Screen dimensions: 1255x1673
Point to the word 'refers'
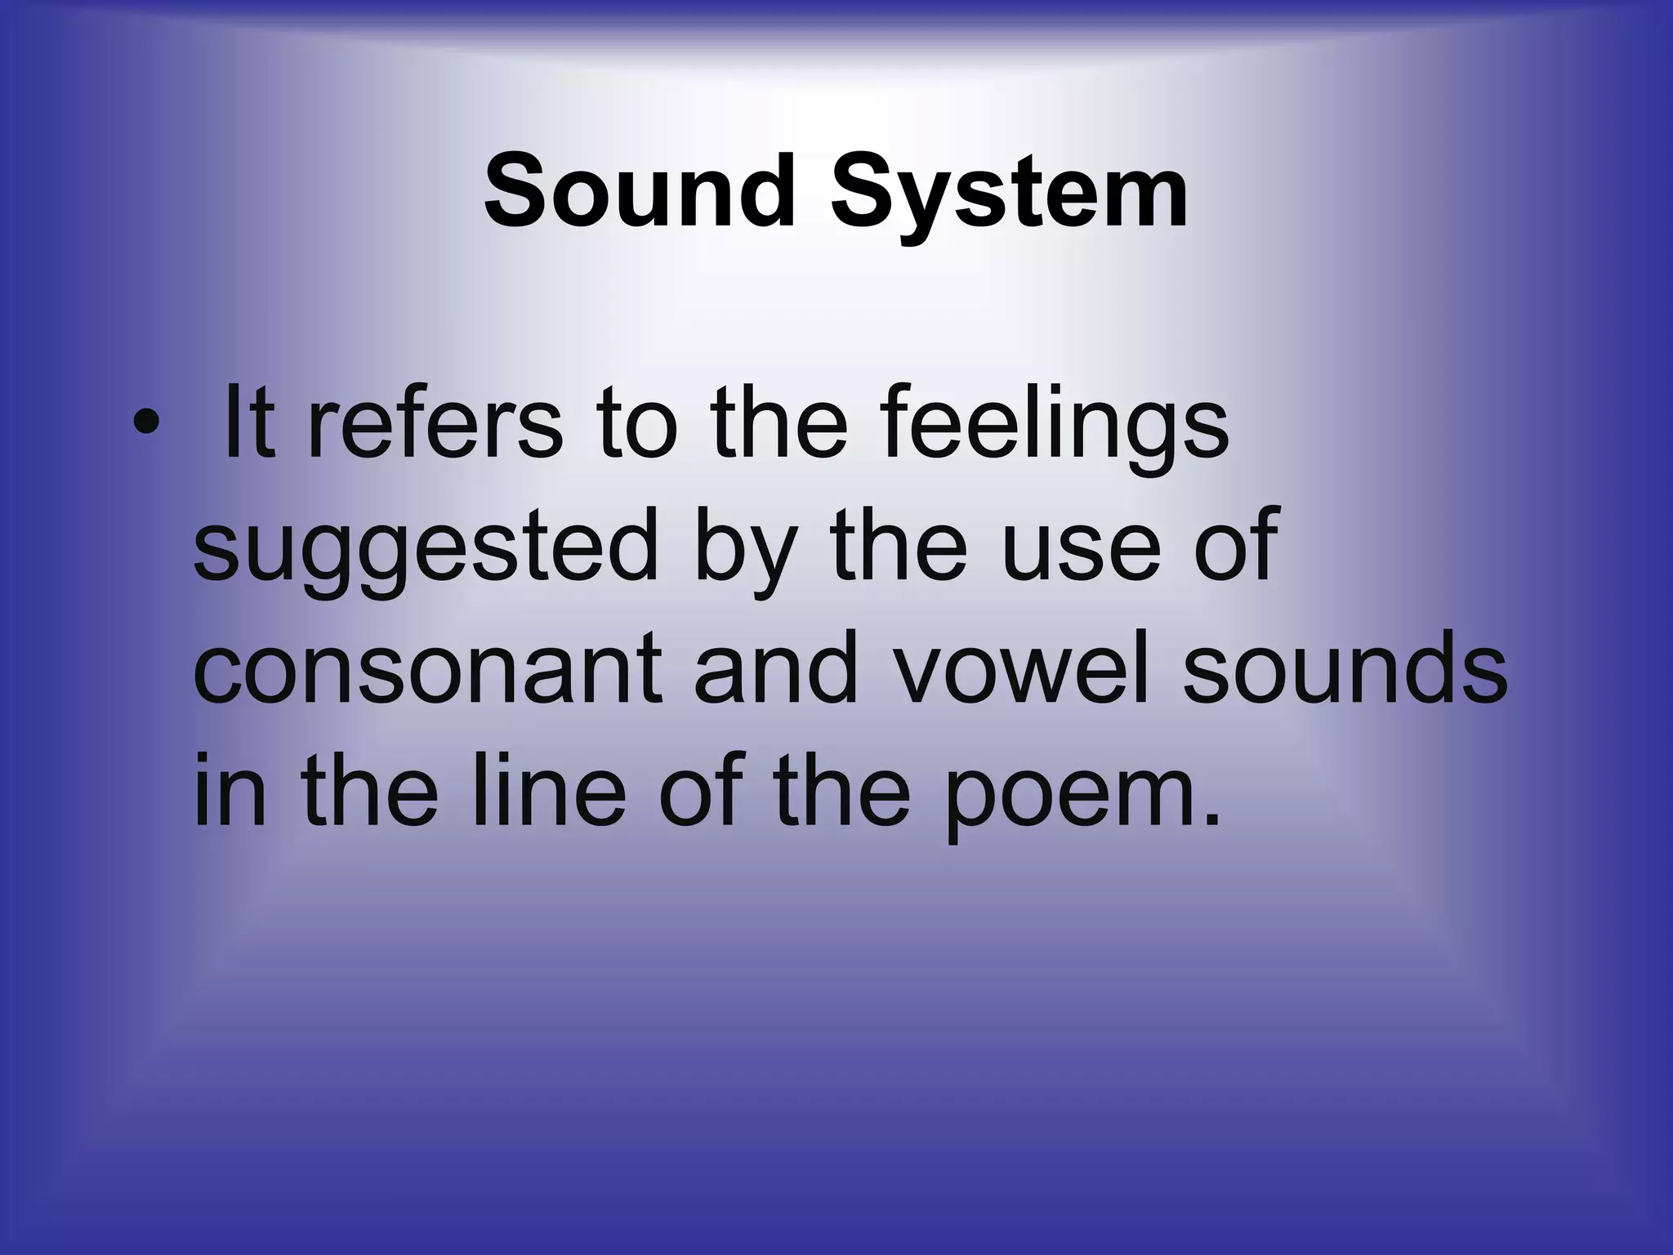tap(435, 425)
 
